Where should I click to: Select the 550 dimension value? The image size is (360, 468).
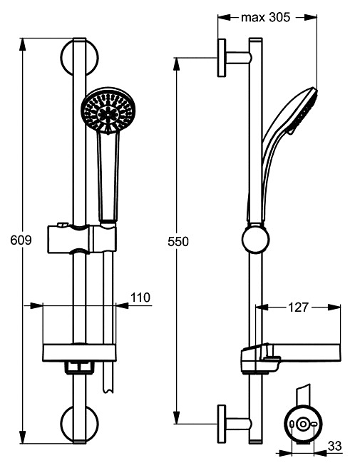click(x=179, y=242)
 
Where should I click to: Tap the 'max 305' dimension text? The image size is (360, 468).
click(x=266, y=19)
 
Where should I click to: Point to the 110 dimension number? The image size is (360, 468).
click(x=141, y=298)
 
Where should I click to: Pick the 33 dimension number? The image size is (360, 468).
click(x=334, y=446)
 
